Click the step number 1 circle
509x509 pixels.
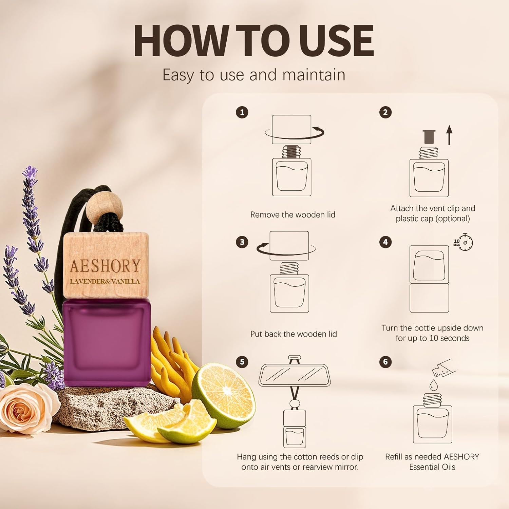tap(242, 112)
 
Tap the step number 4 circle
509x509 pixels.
tap(385, 242)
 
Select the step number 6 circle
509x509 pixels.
tap(385, 361)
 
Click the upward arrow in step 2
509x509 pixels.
tap(449, 135)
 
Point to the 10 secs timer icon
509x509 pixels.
tap(464, 242)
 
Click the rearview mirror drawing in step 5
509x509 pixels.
tap(295, 376)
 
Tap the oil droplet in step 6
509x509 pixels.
tap(433, 385)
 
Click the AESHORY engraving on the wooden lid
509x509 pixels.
tap(105, 266)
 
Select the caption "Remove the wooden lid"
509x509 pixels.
tap(293, 215)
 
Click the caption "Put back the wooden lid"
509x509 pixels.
tap(294, 334)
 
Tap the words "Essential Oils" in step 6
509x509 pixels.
tap(432, 467)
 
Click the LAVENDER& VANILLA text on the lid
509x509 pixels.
tap(105, 281)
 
